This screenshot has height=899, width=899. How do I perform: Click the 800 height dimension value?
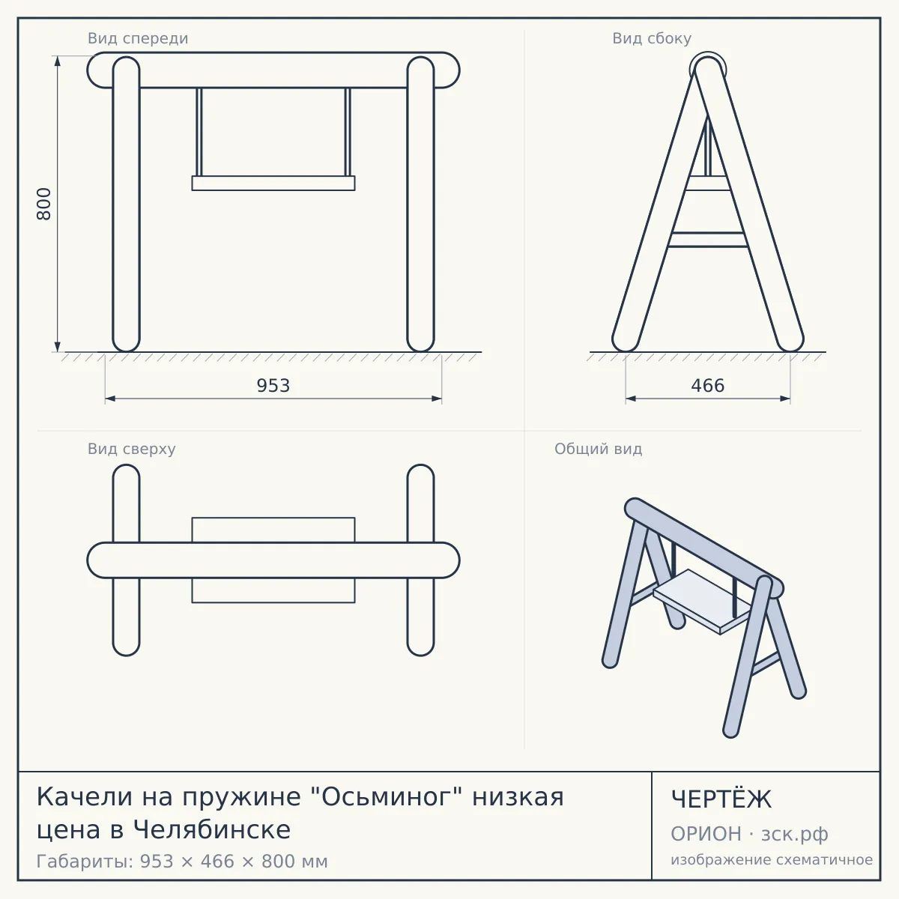tap(44, 204)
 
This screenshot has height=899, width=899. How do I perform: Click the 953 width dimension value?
tap(273, 386)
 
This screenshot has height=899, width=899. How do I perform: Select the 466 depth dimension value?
tap(708, 386)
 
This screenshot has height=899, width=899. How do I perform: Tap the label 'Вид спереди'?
tap(138, 38)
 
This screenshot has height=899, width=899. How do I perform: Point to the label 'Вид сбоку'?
tap(652, 38)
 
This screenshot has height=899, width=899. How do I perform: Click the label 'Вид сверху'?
tap(132, 449)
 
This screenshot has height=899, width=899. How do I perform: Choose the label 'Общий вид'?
tap(598, 449)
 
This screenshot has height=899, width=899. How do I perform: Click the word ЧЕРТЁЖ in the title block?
tap(721, 799)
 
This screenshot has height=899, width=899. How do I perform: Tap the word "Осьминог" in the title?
tap(391, 797)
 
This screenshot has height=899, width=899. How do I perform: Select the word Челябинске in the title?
tap(212, 829)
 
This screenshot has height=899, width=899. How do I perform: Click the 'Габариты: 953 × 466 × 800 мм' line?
tap(182, 862)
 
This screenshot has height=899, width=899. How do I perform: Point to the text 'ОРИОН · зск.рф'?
tap(749, 834)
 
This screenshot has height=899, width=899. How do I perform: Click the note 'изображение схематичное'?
tap(772, 859)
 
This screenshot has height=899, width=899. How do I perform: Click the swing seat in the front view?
tap(273, 183)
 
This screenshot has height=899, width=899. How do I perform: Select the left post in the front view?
tap(126, 204)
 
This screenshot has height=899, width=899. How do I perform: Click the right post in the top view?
tap(420, 560)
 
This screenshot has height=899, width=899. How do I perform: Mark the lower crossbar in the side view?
tap(708, 239)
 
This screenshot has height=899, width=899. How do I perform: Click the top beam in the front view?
tap(273, 70)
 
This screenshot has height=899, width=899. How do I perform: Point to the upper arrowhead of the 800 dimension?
tap(58, 61)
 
